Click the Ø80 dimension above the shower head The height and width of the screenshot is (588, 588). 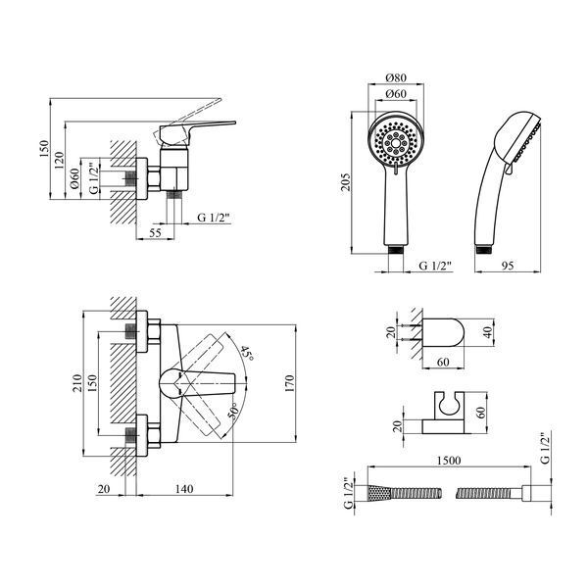point(396,78)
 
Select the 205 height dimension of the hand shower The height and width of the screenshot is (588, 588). point(345,182)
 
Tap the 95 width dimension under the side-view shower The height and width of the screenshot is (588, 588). point(508,266)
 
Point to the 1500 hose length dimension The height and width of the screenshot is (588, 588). point(449,461)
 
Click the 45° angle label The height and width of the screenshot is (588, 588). point(247,353)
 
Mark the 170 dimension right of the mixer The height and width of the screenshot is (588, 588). point(289,383)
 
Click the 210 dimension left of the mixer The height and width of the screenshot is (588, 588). point(76,383)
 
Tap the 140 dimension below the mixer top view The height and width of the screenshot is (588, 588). point(184,489)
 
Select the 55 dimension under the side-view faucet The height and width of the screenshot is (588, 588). point(155,233)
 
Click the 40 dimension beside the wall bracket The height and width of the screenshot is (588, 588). point(487,332)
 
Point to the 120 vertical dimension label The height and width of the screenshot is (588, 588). point(59,160)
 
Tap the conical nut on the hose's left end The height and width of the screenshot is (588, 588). point(378,492)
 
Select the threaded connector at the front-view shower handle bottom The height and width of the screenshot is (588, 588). point(396,249)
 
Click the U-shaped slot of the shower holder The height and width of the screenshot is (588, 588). point(449,405)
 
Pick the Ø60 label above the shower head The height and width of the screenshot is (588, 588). point(396,94)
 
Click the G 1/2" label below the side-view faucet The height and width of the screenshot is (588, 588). point(213,218)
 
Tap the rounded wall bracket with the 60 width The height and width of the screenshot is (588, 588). point(443,332)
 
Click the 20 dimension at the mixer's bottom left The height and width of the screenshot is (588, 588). point(104,489)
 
